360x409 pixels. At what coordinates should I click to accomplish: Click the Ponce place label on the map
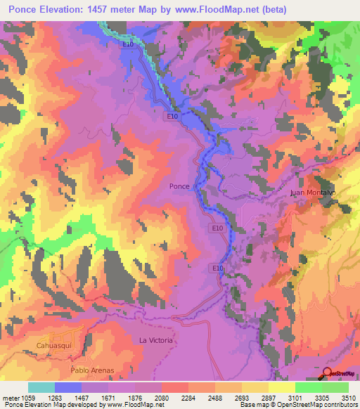pos(180,186)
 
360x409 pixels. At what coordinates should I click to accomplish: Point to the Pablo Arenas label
pos(92,370)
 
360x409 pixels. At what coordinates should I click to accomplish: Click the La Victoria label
pos(155,341)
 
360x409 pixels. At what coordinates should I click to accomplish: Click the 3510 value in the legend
pos(347,397)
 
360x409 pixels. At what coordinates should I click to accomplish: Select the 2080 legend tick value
pos(160,397)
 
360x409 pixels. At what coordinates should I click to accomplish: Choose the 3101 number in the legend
pos(296,397)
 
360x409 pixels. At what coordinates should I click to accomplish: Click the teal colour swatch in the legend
pos(41,387)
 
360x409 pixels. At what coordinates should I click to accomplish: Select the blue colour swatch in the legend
pos(68,387)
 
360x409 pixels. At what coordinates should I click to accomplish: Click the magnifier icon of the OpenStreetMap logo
pos(327,373)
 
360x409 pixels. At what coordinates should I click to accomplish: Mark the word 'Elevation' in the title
pos(74,9)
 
